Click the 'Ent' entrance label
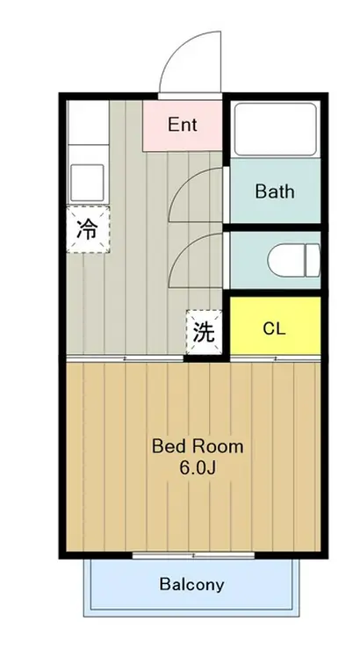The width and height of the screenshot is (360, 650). pyautogui.click(x=182, y=125)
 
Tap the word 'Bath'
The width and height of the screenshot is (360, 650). pyautogui.click(x=274, y=191)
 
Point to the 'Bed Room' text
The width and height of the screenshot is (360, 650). pyautogui.click(x=198, y=445)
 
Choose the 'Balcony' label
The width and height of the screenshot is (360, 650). pyautogui.click(x=191, y=584)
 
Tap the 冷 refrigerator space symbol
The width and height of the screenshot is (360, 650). pyautogui.click(x=87, y=229)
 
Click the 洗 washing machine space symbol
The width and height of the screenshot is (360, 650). pyautogui.click(x=203, y=332)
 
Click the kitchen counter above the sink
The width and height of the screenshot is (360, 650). pyautogui.click(x=85, y=132)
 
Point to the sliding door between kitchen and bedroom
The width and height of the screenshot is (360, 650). pyautogui.click(x=123, y=358)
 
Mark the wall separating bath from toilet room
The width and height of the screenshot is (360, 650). pyautogui.click(x=274, y=227)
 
